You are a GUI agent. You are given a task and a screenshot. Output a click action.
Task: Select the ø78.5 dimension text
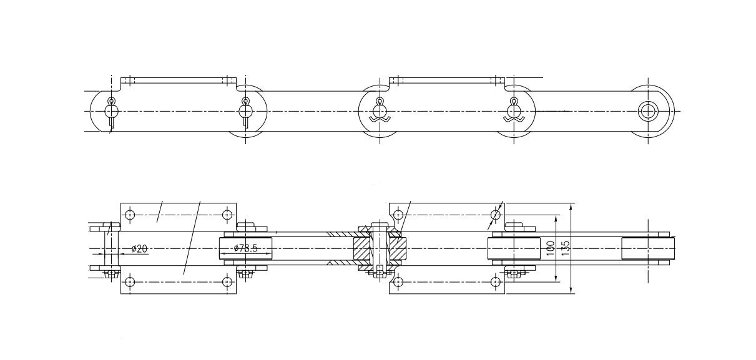(x=245, y=249)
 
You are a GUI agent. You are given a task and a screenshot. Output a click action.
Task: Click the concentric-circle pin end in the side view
(x=648, y=111)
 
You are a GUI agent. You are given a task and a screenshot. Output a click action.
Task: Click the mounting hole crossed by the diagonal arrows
(x=495, y=215)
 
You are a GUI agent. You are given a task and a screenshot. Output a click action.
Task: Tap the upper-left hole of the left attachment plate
(x=129, y=215)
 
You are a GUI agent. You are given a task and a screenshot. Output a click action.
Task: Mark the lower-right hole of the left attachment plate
(x=227, y=281)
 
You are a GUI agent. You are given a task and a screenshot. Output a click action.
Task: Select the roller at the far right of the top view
(x=649, y=249)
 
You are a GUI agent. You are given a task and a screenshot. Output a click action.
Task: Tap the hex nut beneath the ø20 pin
(x=110, y=272)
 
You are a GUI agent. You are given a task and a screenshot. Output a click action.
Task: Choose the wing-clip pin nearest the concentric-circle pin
(x=514, y=111)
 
